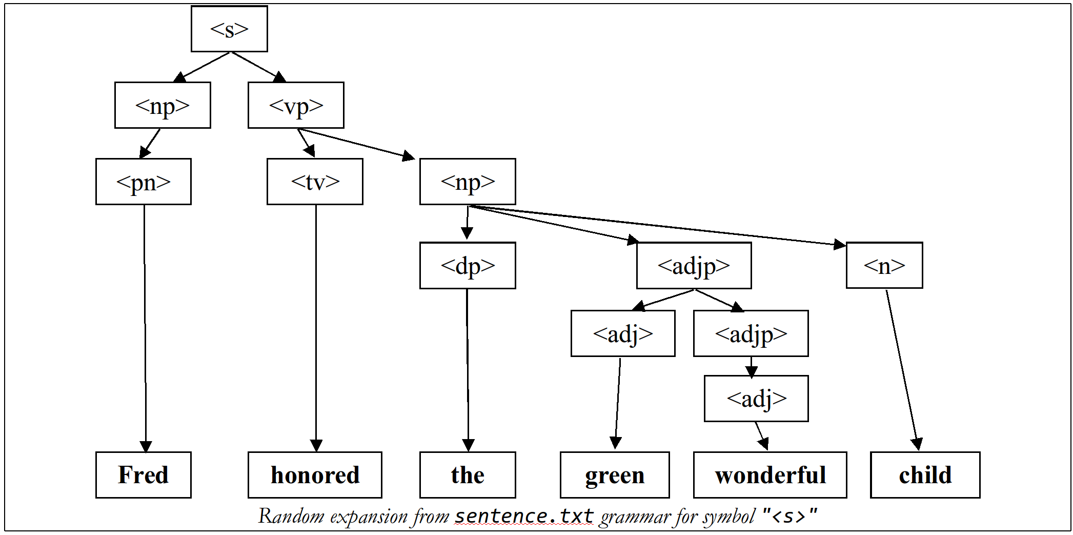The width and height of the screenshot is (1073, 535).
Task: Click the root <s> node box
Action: (x=229, y=29)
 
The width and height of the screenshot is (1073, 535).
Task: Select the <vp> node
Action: (x=296, y=105)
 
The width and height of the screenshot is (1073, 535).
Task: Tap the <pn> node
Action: (x=144, y=182)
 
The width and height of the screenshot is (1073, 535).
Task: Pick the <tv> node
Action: (x=315, y=182)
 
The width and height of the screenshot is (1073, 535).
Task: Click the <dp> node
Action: (x=468, y=265)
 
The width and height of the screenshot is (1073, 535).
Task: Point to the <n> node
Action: (x=884, y=265)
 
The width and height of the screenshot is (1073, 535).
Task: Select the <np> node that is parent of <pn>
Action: (x=163, y=105)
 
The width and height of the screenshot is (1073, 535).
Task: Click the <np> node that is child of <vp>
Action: (x=468, y=182)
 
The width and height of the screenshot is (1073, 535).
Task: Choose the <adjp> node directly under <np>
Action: (x=694, y=265)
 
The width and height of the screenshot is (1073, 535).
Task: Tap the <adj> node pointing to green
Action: (x=623, y=333)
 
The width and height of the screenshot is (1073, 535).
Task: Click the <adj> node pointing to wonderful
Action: (x=756, y=399)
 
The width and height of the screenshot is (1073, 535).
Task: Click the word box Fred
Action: (x=144, y=475)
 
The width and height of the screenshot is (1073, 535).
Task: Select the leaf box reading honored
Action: (x=315, y=475)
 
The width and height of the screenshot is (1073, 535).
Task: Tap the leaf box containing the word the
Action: (x=468, y=475)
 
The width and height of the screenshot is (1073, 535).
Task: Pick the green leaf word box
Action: (x=615, y=475)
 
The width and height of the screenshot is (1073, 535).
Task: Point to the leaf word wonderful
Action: (x=770, y=475)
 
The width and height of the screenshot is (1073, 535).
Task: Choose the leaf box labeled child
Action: (x=925, y=475)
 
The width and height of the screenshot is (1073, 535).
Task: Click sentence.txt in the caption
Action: (x=524, y=516)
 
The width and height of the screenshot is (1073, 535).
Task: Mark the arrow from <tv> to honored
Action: (x=316, y=328)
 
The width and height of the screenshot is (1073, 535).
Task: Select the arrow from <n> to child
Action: (x=902, y=369)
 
